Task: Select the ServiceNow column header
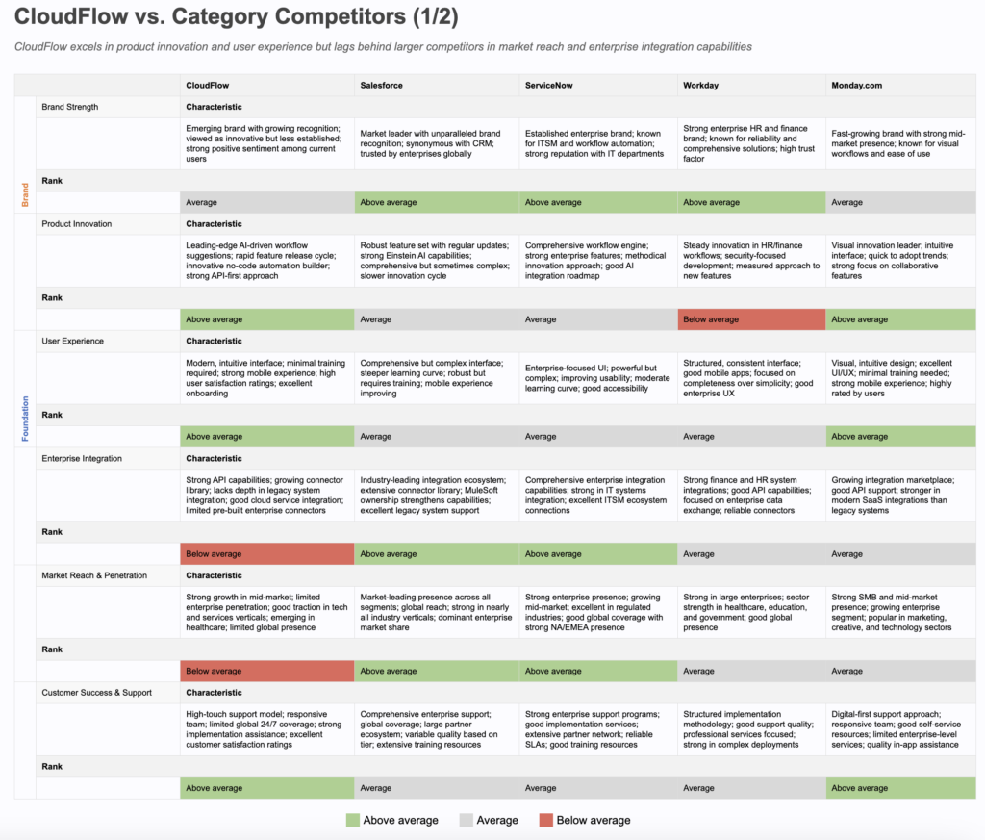(548, 85)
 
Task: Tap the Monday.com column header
(856, 85)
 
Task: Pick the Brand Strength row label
(70, 107)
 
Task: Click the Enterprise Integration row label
(82, 459)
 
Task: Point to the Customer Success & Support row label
(97, 693)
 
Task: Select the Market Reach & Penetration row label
(94, 575)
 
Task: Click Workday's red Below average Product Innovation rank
(750, 319)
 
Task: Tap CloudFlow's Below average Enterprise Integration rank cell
(266, 554)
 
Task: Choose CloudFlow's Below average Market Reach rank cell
(266, 671)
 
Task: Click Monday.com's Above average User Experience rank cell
(900, 437)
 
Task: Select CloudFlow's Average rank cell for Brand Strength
(266, 202)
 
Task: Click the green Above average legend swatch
(353, 821)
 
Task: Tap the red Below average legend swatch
(545, 821)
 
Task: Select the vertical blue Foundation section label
(25, 419)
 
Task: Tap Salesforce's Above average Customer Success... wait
(437, 788)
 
